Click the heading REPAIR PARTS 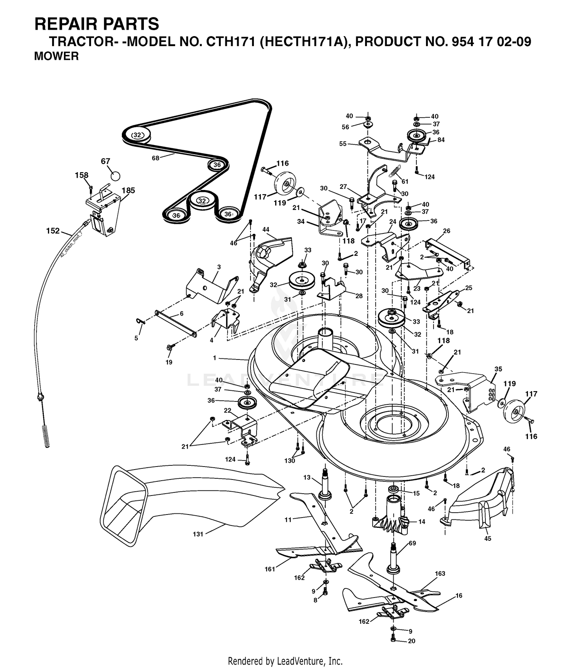click(97, 24)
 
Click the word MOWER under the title click(56, 56)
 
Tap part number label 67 click(105, 161)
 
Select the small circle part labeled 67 click(115, 176)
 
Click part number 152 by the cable click(53, 230)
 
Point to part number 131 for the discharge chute click(198, 534)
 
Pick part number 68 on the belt click(155, 158)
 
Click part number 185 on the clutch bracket click(128, 190)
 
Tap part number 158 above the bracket click(81, 175)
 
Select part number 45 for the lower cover click(488, 539)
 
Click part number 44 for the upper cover click(266, 229)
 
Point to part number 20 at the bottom click(412, 641)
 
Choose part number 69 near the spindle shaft click(413, 543)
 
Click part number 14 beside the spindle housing click(421, 522)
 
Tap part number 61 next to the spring click(405, 181)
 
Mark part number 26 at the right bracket click(447, 231)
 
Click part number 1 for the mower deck click(215, 358)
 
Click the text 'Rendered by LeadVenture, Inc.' click(285, 661)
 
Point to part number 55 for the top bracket click(343, 144)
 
